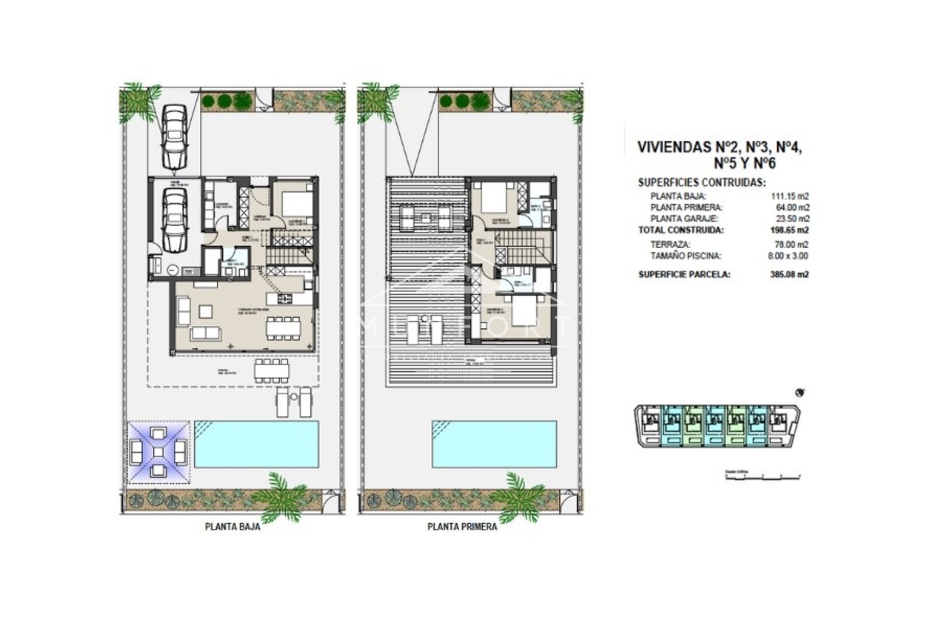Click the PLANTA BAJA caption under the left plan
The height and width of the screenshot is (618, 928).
coord(232,527)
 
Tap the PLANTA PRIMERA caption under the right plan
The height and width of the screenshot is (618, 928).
coord(462,527)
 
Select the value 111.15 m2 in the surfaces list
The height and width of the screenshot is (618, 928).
coord(789,196)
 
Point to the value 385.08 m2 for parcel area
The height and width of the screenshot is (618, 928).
coord(789,274)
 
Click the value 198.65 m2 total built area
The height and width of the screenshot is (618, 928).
coord(789,230)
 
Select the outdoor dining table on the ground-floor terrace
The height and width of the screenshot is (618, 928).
coord(272,371)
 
